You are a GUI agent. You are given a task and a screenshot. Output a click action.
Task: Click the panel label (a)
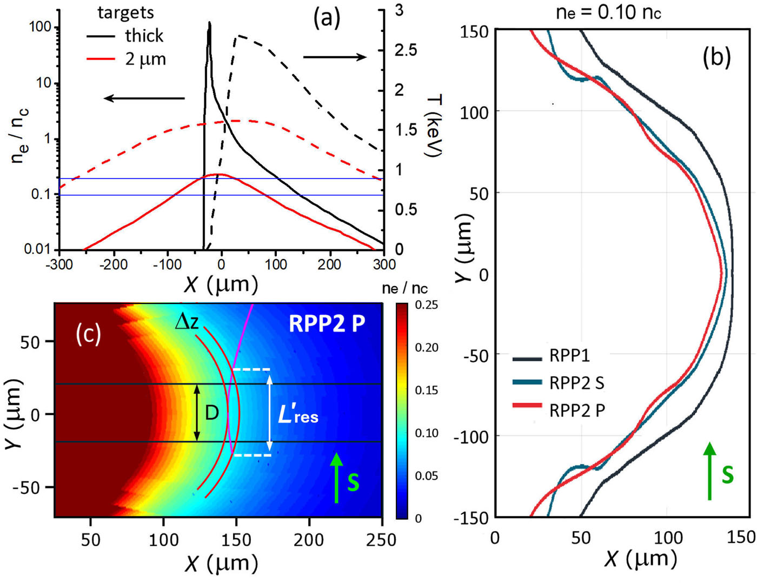pyautogui.click(x=328, y=19)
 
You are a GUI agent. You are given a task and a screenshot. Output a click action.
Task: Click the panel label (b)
pyautogui.click(x=716, y=57)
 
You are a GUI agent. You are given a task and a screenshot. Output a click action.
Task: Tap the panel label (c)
pyautogui.click(x=89, y=334)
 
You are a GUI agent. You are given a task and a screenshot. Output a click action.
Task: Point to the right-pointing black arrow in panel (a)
pyautogui.click(x=335, y=57)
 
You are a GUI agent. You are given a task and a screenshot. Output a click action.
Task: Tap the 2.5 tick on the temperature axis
pyautogui.click(x=406, y=50)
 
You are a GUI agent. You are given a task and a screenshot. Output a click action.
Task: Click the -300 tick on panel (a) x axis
pyautogui.click(x=59, y=264)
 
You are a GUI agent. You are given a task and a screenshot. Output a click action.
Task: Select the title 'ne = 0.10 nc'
pyautogui.click(x=608, y=12)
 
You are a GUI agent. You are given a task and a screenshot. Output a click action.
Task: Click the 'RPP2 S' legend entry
pyautogui.click(x=576, y=383)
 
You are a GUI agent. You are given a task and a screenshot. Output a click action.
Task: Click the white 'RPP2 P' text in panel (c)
pyautogui.click(x=327, y=323)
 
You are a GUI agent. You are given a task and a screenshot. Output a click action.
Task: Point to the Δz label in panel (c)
pyautogui.click(x=187, y=322)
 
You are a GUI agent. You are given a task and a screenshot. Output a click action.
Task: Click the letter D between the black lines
pyautogui.click(x=212, y=413)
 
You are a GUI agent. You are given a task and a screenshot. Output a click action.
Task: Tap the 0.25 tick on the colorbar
pyautogui.click(x=427, y=306)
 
